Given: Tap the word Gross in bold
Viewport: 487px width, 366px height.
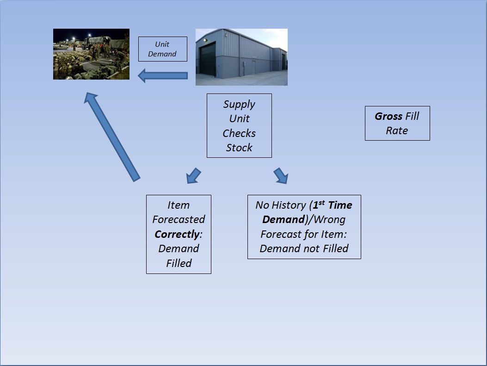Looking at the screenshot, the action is (388, 116).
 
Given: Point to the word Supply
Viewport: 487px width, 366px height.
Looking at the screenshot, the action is (239, 105).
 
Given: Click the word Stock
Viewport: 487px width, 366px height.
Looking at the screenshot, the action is (239, 148).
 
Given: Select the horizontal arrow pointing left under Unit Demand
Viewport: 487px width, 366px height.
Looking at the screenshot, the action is (162, 76).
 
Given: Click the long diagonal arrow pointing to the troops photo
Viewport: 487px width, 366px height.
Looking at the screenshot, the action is (112, 136).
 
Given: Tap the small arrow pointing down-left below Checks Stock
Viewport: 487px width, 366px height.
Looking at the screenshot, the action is (193, 175).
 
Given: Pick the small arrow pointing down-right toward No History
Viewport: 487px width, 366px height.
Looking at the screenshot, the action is (281, 175).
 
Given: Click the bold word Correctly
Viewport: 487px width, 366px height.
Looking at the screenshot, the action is (177, 234).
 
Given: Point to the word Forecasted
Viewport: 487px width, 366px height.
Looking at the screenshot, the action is (179, 219).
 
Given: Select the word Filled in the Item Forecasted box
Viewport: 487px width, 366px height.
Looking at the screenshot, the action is (179, 263).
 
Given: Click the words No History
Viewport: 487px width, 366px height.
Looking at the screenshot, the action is (281, 205).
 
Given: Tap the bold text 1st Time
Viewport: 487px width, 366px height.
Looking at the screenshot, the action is (333, 205).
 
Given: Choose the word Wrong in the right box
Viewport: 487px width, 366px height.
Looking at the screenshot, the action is (330, 219).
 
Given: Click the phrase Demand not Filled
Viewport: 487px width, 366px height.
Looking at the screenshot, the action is (304, 248).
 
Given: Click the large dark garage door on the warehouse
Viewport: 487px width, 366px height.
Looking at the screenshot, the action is (207, 59).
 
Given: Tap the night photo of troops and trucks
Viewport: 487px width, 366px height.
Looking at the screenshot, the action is (91, 54).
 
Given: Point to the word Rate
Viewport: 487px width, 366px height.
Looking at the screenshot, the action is (397, 130).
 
